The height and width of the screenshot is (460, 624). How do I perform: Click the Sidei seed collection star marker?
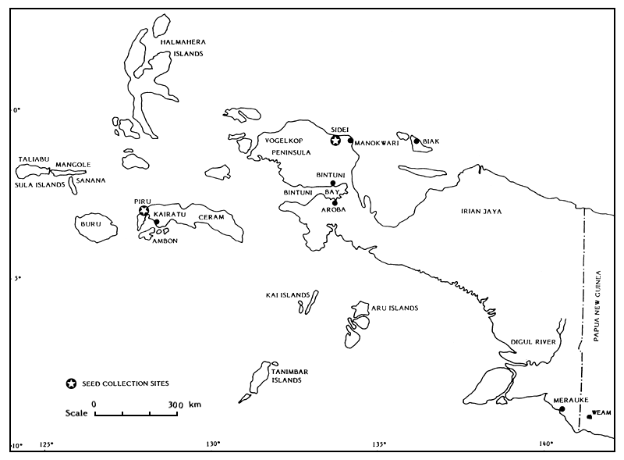[x=335, y=141]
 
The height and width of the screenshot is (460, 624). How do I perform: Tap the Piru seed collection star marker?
[x=144, y=210]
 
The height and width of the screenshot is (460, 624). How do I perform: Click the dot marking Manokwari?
[x=351, y=141]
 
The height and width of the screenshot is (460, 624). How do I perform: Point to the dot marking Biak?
[x=417, y=141]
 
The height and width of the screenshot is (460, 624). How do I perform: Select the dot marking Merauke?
[x=562, y=408]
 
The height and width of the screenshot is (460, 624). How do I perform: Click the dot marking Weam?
[x=589, y=416]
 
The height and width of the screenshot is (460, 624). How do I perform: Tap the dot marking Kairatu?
[x=157, y=222]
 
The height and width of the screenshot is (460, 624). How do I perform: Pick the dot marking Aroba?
[x=335, y=202]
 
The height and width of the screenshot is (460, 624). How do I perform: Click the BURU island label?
[x=91, y=225]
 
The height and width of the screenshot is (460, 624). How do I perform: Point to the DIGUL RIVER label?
[x=532, y=341]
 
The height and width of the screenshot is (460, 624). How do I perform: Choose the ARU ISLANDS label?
[x=394, y=308]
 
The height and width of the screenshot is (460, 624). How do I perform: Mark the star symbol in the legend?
[x=71, y=383]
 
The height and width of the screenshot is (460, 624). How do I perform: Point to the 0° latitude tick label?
[x=15, y=111]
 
